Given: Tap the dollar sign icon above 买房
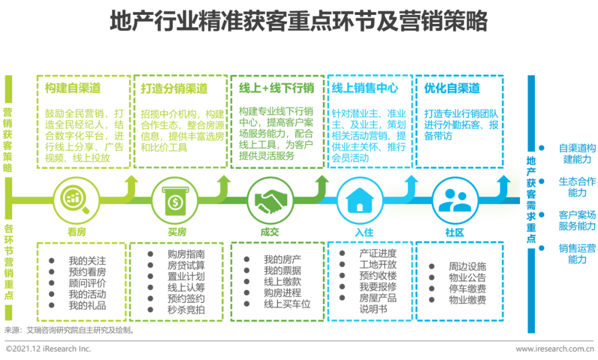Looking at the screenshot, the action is point(176,200).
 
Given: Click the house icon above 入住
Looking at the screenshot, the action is point(360,200).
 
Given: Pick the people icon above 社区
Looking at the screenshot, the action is point(455,200).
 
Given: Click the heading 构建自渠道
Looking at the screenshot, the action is point(73,88).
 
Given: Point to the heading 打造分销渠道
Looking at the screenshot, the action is point(174,89).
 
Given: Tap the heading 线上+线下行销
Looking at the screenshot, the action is point(276,88).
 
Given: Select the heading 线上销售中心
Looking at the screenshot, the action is point(365,88).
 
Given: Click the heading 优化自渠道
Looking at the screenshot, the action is point(452,88).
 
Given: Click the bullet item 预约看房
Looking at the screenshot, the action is point(87,272).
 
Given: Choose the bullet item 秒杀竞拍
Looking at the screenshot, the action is point(186,310).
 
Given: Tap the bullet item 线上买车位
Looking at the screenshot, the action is point(287,304).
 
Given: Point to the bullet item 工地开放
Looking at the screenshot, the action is point(378,264).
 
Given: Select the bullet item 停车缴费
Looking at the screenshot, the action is point(467,289).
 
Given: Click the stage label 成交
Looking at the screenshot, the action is point(270,232).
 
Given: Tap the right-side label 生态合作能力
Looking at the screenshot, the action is point(577,187).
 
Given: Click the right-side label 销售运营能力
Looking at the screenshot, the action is point(577,254).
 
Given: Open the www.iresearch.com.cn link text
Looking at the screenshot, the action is point(555,349).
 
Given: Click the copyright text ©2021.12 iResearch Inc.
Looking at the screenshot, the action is point(48,348).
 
